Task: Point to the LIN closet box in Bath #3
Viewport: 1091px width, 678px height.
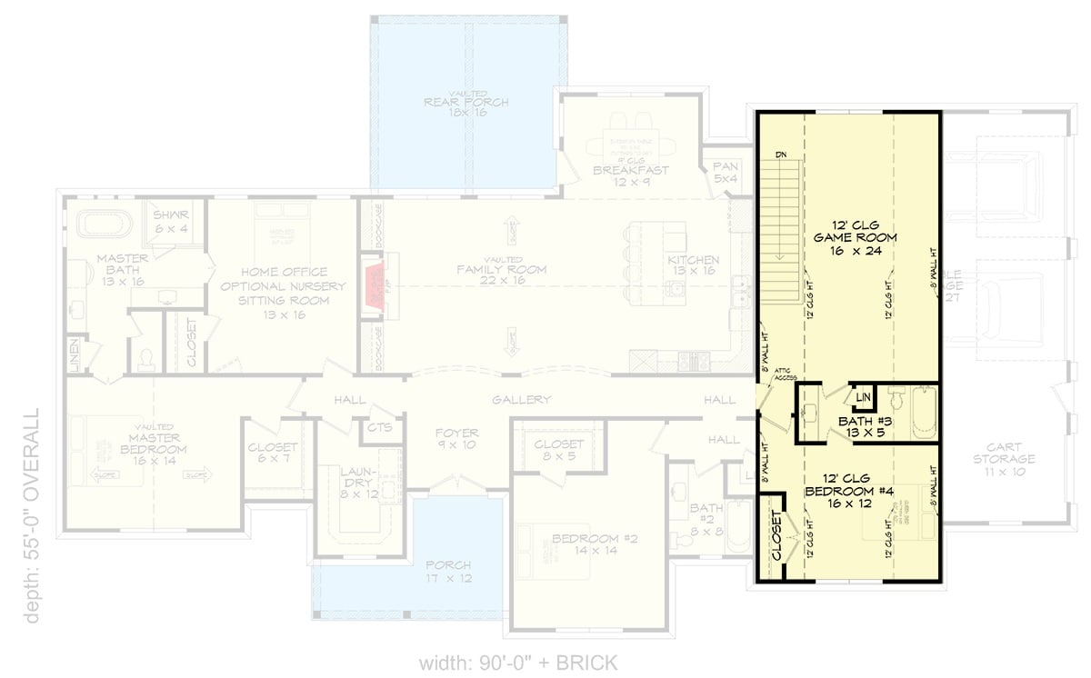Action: point(863,398)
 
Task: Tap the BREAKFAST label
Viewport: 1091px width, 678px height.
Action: point(630,170)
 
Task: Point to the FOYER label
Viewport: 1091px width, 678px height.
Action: point(456,434)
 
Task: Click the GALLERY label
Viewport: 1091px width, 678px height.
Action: point(522,400)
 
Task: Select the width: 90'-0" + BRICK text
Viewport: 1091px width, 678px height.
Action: point(518,662)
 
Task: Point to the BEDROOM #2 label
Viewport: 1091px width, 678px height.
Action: point(595,538)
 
